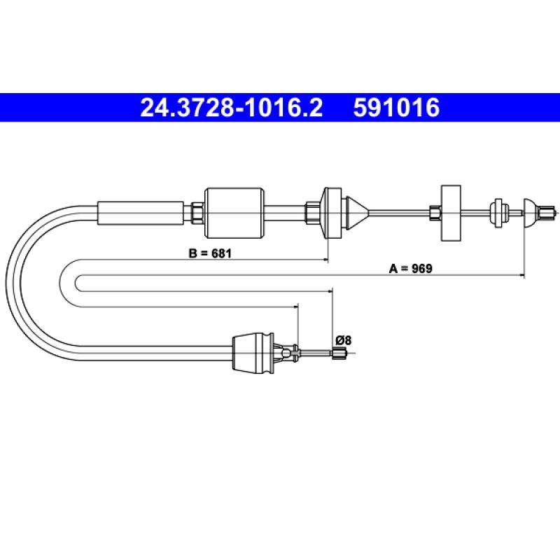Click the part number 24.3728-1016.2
coord(232,108)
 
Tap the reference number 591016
coord(396,108)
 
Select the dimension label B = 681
coord(210,253)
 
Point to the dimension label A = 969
coord(410,269)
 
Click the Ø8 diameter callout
coord(343,340)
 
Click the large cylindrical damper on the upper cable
coord(234,213)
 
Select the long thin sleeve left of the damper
coord(141,213)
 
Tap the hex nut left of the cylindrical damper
coord(197,213)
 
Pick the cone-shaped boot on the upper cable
coord(357,213)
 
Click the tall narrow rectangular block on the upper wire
coord(451,213)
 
